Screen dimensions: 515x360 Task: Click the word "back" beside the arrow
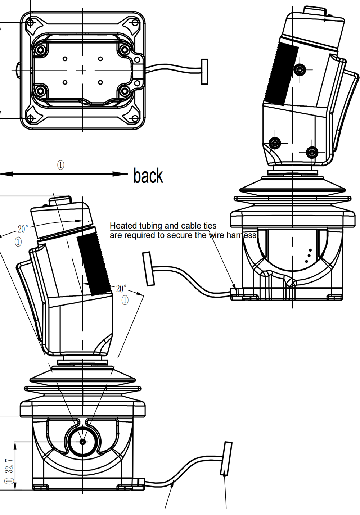tap(148, 176)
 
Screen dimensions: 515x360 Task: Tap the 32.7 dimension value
tap(10, 465)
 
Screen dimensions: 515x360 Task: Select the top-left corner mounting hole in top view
tap(31, 23)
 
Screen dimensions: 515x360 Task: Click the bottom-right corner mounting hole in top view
tap(135, 118)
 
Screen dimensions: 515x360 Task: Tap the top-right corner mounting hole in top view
tap(135, 23)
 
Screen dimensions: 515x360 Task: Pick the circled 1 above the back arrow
tap(60, 165)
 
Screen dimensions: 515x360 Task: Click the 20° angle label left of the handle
tap(22, 229)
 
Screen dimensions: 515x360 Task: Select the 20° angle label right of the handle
tap(121, 289)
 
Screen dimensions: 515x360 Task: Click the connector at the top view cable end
tap(204, 72)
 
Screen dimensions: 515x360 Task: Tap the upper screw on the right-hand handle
tap(300, 69)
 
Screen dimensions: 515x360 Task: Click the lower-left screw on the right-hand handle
tap(275, 143)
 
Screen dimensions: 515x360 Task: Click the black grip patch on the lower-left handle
tap(94, 263)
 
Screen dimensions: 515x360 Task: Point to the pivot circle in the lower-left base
tap(82, 441)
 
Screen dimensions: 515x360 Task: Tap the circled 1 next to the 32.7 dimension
tap(9, 480)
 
